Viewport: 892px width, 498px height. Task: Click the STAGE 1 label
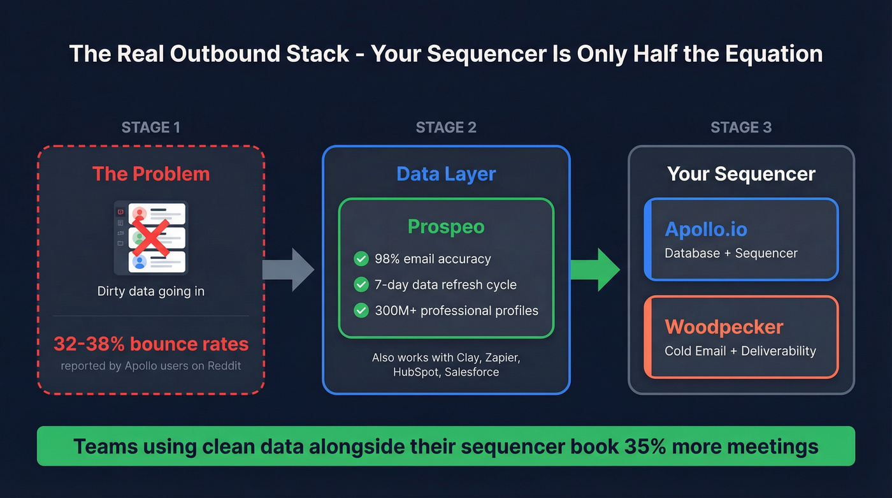point(150,128)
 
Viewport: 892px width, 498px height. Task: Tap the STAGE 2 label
point(446,128)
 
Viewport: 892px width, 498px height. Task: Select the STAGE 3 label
point(741,128)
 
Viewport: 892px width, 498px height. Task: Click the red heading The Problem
point(151,173)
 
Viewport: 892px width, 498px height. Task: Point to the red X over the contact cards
point(151,237)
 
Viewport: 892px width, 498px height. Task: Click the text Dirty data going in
point(151,291)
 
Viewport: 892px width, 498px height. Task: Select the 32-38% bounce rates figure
point(151,344)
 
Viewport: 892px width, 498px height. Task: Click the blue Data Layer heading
point(446,174)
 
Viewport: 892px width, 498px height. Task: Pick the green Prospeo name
point(446,226)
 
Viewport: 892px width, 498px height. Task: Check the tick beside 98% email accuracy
point(361,259)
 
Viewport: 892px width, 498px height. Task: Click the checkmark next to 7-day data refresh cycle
point(361,284)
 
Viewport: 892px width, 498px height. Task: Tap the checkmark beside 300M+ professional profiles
point(361,311)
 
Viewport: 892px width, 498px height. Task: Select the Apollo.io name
point(706,229)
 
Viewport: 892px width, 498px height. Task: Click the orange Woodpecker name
point(724,327)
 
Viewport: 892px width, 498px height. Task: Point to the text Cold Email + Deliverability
point(740,351)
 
